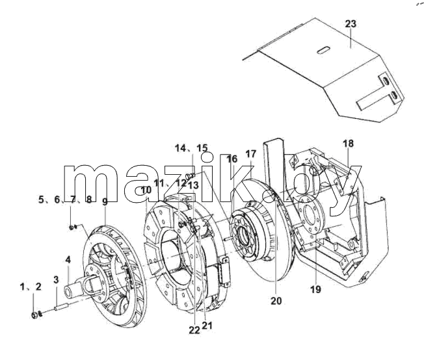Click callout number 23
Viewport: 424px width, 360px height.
point(351,24)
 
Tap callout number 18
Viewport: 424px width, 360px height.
point(349,143)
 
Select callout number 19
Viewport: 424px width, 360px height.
point(315,289)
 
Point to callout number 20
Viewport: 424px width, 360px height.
point(276,301)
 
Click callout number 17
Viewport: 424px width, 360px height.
point(250,154)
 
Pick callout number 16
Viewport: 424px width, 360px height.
point(232,159)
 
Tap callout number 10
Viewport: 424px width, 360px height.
point(146,190)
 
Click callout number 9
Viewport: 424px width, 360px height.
point(105,201)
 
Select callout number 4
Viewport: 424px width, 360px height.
point(68,260)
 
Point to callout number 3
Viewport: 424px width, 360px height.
point(56,279)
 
